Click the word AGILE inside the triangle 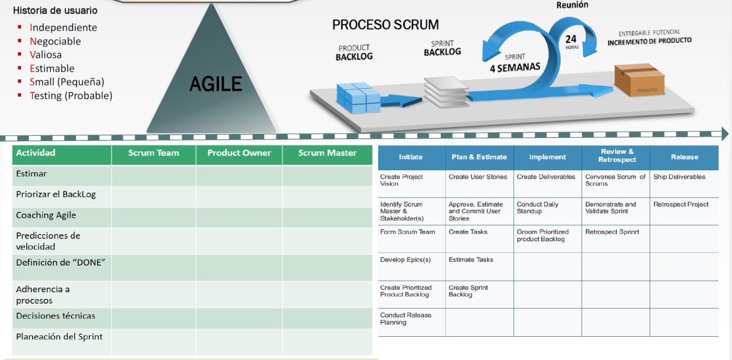point(216,84)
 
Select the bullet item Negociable point(55,41)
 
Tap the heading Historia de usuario point(55,11)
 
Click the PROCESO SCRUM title point(385,25)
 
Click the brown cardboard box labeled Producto point(639,81)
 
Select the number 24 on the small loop point(571,39)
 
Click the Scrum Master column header point(327,153)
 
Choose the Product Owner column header point(239,153)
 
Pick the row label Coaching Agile point(46,215)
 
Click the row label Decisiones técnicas point(55,316)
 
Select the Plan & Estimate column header point(479,157)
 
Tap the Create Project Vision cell point(401,180)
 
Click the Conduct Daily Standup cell point(537,207)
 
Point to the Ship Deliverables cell point(679,177)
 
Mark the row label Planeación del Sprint point(59,337)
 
